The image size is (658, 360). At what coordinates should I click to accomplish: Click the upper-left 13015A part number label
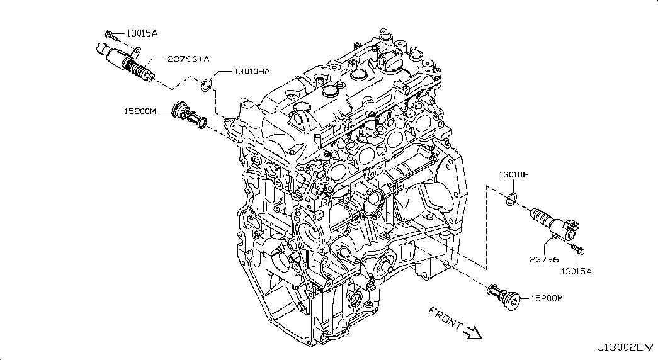point(142,33)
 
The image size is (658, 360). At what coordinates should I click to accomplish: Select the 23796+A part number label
point(188,59)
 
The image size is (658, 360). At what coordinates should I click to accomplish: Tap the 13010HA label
point(252,72)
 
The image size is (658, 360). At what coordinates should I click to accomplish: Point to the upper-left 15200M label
point(140,111)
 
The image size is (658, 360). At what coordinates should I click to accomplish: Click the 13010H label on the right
point(514,174)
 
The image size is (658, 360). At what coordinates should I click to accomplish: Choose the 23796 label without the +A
point(544,259)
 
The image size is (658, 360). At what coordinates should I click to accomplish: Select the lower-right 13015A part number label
point(576,271)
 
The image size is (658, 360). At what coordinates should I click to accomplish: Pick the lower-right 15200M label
point(547,298)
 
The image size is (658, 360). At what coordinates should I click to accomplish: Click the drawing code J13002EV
point(626,347)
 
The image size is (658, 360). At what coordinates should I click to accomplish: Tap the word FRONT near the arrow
point(445,317)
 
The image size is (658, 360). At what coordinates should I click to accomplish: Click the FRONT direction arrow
point(473,332)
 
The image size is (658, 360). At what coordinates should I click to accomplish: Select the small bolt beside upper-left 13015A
point(111,36)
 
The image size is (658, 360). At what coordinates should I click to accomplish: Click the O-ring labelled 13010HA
point(206,85)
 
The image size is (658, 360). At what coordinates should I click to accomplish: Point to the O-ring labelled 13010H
point(511,199)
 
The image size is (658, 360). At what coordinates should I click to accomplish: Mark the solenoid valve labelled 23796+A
point(125,62)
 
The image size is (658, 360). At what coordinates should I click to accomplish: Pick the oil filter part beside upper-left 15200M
point(190,115)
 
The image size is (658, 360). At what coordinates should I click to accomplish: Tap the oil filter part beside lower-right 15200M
point(504,297)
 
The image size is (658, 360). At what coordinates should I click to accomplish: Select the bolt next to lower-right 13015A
point(578,249)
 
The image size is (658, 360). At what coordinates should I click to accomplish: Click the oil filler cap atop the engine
point(389,64)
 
